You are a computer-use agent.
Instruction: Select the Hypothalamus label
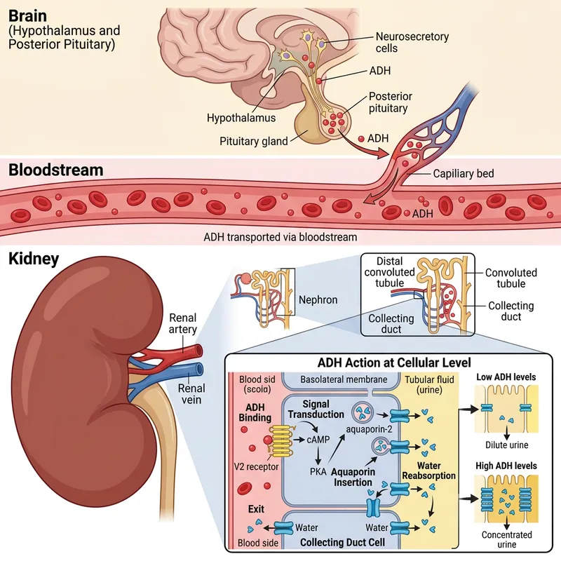coord(241,119)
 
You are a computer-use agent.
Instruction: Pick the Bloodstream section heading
coord(56,170)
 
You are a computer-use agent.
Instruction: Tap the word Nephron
coord(318,300)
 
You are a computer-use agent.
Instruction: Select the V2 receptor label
coord(256,466)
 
